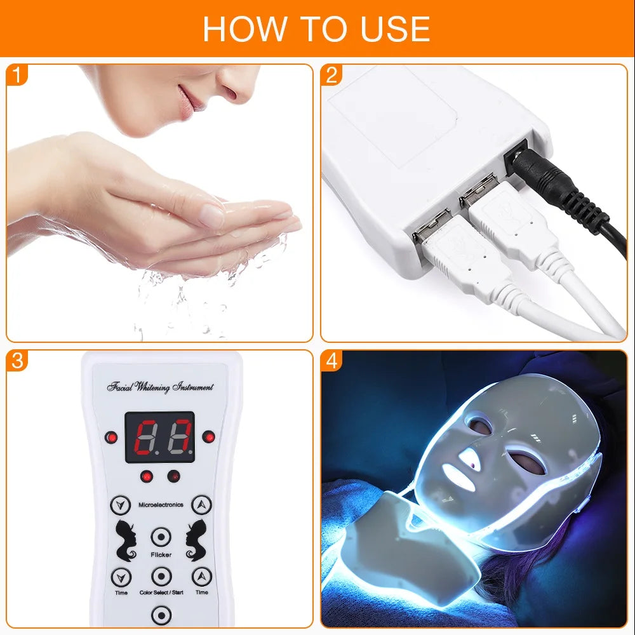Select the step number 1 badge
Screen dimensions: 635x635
pos(17,76)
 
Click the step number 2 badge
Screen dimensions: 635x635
pos(331,76)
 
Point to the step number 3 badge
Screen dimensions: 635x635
pos(17,361)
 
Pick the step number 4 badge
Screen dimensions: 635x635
pos(331,361)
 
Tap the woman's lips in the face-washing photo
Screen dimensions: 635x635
pos(185,102)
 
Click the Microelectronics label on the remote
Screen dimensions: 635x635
pos(161,505)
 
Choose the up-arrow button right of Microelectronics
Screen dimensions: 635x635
pos(201,505)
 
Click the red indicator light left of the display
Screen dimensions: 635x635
pos(112,437)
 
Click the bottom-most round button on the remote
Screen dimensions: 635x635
pos(161,615)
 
